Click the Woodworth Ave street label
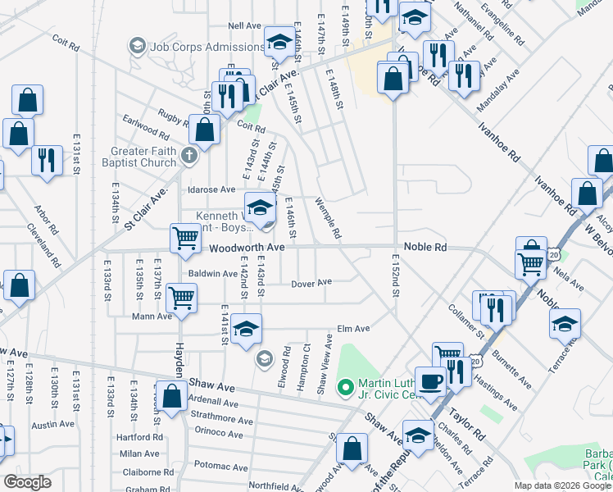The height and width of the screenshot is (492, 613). click(x=246, y=247)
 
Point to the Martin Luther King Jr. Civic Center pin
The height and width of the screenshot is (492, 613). click(x=346, y=385)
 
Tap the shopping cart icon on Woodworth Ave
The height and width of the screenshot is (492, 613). click(x=186, y=238)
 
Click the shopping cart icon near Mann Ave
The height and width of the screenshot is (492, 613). click(x=181, y=297)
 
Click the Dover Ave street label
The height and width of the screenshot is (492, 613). click(x=311, y=282)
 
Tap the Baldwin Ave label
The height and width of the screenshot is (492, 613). click(x=212, y=274)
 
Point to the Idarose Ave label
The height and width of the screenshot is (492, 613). click(x=211, y=189)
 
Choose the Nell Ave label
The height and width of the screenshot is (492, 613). click(x=244, y=26)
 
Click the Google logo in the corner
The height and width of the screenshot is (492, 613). click(x=27, y=482)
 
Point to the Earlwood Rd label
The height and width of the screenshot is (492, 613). click(x=145, y=129)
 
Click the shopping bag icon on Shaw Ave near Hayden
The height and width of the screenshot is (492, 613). click(x=173, y=396)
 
